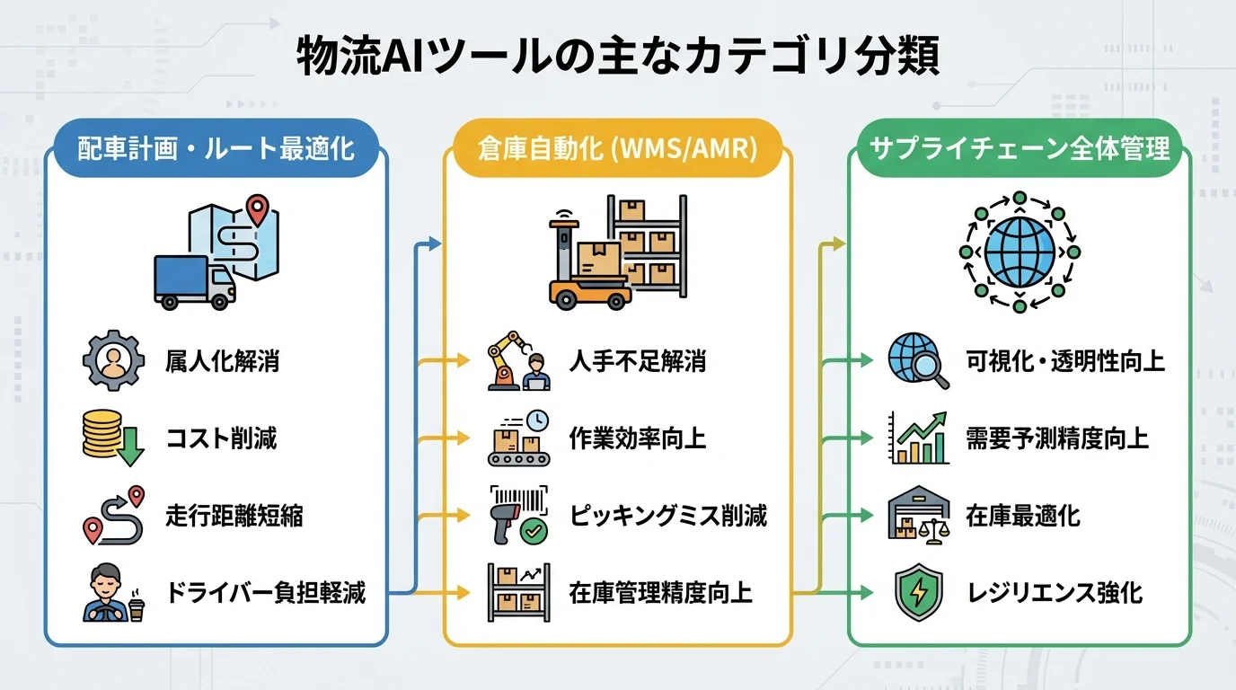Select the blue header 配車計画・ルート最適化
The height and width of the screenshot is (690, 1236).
click(216, 147)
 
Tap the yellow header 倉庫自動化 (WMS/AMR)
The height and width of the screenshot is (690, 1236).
click(617, 147)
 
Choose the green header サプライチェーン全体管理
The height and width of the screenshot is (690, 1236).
click(1020, 147)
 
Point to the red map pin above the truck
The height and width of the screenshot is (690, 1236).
click(258, 209)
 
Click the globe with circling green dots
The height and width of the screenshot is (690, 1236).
click(1020, 252)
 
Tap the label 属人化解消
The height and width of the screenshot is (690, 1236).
click(223, 361)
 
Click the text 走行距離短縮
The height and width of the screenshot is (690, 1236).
click(234, 516)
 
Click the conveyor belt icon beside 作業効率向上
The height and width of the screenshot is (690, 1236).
click(519, 438)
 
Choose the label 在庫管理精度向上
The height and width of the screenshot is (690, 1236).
click(660, 593)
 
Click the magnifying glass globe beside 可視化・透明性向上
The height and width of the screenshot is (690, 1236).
click(917, 361)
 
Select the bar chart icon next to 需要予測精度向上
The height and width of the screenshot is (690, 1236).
click(917, 438)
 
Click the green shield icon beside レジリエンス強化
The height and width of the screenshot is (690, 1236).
click(917, 593)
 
